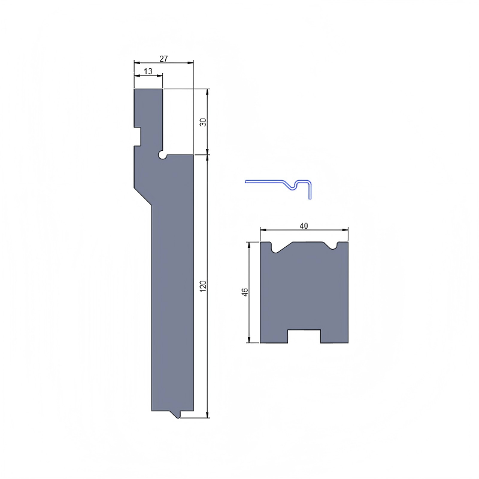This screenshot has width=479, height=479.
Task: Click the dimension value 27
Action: pos(163,59)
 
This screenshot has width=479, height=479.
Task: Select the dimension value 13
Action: pos(148,71)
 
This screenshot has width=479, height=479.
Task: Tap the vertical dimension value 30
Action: pos(203,122)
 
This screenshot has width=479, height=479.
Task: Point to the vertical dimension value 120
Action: pos(203,286)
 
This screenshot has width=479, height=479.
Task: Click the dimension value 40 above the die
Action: pos(304,226)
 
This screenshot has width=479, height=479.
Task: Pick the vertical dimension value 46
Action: pos(244,292)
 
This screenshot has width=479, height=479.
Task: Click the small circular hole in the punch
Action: pos(162,155)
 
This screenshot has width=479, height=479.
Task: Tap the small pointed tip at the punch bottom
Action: pos(178,415)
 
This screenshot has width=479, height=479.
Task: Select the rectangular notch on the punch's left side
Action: pos(138,136)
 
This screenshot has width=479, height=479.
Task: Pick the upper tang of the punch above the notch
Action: pos(148,108)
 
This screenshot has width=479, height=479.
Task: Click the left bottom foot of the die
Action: pos(274,336)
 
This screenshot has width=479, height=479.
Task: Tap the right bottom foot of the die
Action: pos(334,336)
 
